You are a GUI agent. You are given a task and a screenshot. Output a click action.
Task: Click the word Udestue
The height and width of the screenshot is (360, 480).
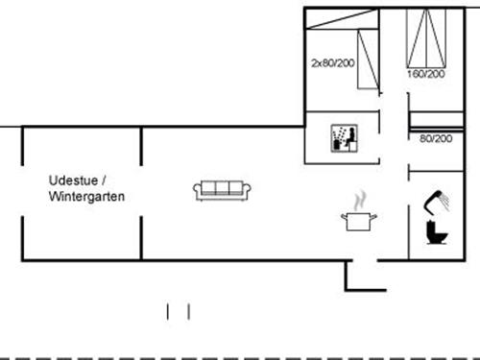coord(72,180)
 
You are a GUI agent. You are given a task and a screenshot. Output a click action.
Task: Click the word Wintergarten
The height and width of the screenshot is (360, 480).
coord(86,196)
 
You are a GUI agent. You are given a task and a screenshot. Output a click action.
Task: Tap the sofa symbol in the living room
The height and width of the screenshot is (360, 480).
coord(223,190)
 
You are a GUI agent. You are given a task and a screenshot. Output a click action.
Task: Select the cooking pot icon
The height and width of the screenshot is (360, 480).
coord(358,222)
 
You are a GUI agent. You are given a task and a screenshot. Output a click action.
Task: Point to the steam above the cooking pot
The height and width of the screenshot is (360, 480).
coord(359,200)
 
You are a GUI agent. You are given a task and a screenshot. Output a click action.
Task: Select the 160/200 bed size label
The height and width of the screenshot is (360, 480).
coord(424,73)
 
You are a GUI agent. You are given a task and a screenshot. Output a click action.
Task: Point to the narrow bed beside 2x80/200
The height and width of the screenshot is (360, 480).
coord(365,60)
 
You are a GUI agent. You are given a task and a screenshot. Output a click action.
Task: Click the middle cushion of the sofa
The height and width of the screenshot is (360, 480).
coord(223,188)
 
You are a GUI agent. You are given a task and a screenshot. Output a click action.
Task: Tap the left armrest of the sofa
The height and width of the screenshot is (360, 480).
coord(197,190)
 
